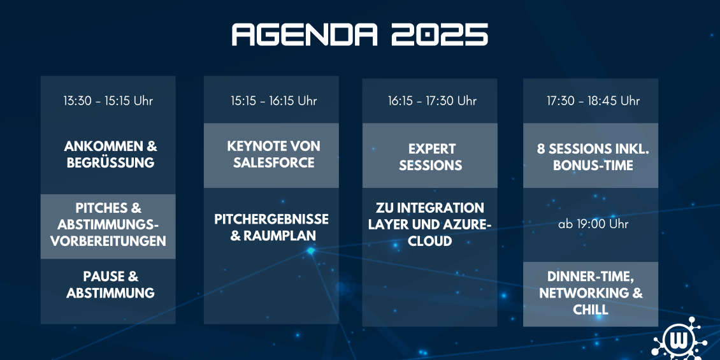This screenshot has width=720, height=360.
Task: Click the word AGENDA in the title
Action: point(305,35)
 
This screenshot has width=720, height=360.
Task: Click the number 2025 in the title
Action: point(440,35)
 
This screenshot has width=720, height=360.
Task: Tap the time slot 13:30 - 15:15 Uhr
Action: point(108,101)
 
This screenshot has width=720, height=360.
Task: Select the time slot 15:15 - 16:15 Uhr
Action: point(274,101)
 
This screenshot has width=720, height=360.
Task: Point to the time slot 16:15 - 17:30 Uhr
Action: point(432,101)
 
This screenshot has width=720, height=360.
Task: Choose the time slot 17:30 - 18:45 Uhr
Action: point(593,101)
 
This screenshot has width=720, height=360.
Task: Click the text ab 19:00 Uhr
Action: point(593,224)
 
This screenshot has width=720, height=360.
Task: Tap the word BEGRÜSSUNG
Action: point(111,162)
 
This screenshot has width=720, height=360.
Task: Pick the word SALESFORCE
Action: point(274,162)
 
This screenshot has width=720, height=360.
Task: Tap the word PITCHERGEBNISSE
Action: point(271,219)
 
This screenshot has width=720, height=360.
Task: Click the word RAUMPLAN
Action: point(280,236)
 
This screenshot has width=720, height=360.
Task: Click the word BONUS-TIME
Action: point(593,165)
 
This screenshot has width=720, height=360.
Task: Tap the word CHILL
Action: point(591,310)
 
